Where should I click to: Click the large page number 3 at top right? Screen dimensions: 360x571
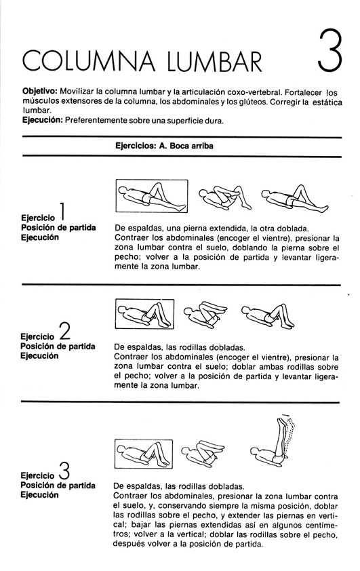[329, 51]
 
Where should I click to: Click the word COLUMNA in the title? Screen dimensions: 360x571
[89, 60]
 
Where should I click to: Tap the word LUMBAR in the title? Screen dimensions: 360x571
[215, 60]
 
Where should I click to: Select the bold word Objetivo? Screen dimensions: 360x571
[40, 92]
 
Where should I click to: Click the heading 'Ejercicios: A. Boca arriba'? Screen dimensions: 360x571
[164, 146]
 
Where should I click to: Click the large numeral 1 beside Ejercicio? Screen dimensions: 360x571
[62, 212]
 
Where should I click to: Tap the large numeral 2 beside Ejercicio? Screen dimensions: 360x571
[64, 331]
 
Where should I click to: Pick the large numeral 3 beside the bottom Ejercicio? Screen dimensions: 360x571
[64, 470]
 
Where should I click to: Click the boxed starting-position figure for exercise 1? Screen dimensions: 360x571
[151, 196]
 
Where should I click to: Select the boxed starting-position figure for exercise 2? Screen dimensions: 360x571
[144, 314]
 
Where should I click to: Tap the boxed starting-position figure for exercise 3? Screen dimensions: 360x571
[144, 454]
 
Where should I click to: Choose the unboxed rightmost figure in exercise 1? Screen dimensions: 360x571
[295, 199]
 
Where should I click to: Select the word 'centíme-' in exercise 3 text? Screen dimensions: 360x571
[322, 525]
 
